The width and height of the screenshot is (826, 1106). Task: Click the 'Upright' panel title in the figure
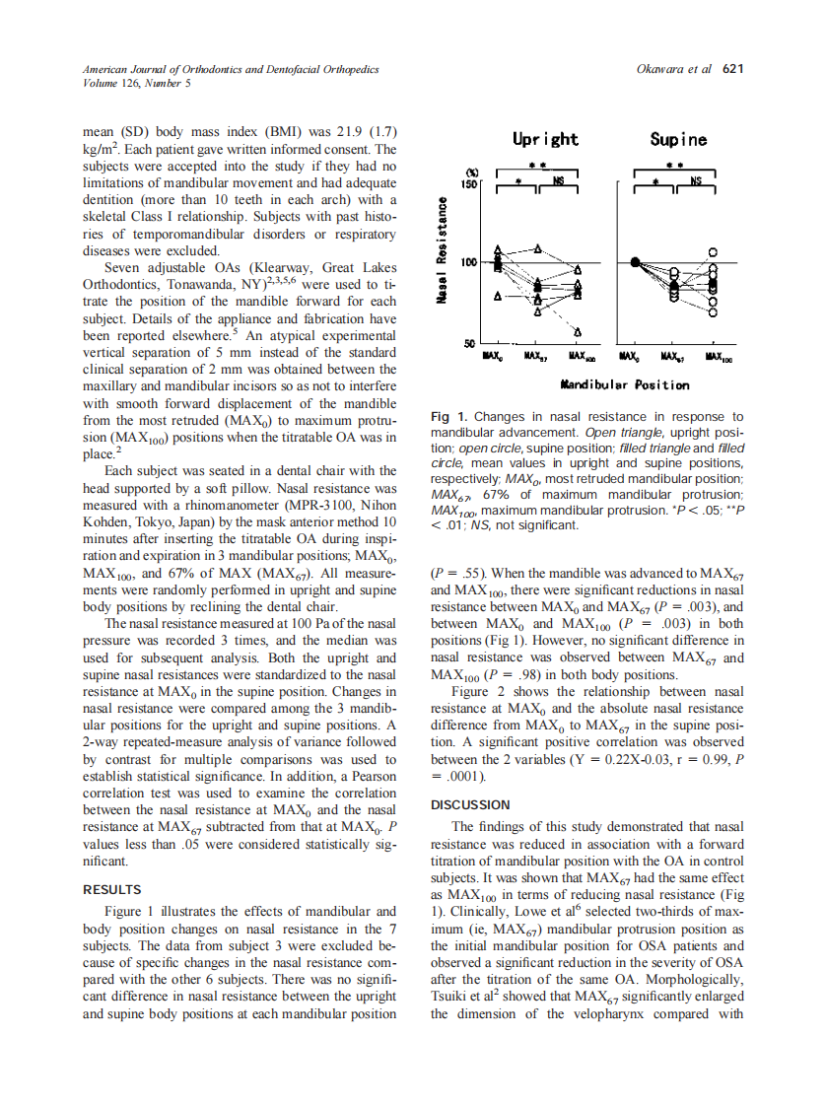[x=545, y=139]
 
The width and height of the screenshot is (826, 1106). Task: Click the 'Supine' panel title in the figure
[x=677, y=139]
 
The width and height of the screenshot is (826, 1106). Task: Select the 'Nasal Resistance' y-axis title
[x=444, y=253]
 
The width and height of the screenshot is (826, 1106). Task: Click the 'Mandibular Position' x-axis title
[x=624, y=384]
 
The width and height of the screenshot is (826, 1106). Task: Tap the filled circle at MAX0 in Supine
[x=636, y=261]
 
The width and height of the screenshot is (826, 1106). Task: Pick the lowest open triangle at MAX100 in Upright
[x=578, y=331]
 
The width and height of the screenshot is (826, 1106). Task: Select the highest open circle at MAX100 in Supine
[x=714, y=252]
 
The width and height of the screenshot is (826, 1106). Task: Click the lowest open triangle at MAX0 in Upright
[x=499, y=295]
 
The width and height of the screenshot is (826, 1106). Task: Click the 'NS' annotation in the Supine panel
[x=695, y=180]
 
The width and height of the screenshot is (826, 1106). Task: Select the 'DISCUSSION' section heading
[x=470, y=805]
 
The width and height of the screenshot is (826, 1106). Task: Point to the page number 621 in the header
[x=732, y=69]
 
